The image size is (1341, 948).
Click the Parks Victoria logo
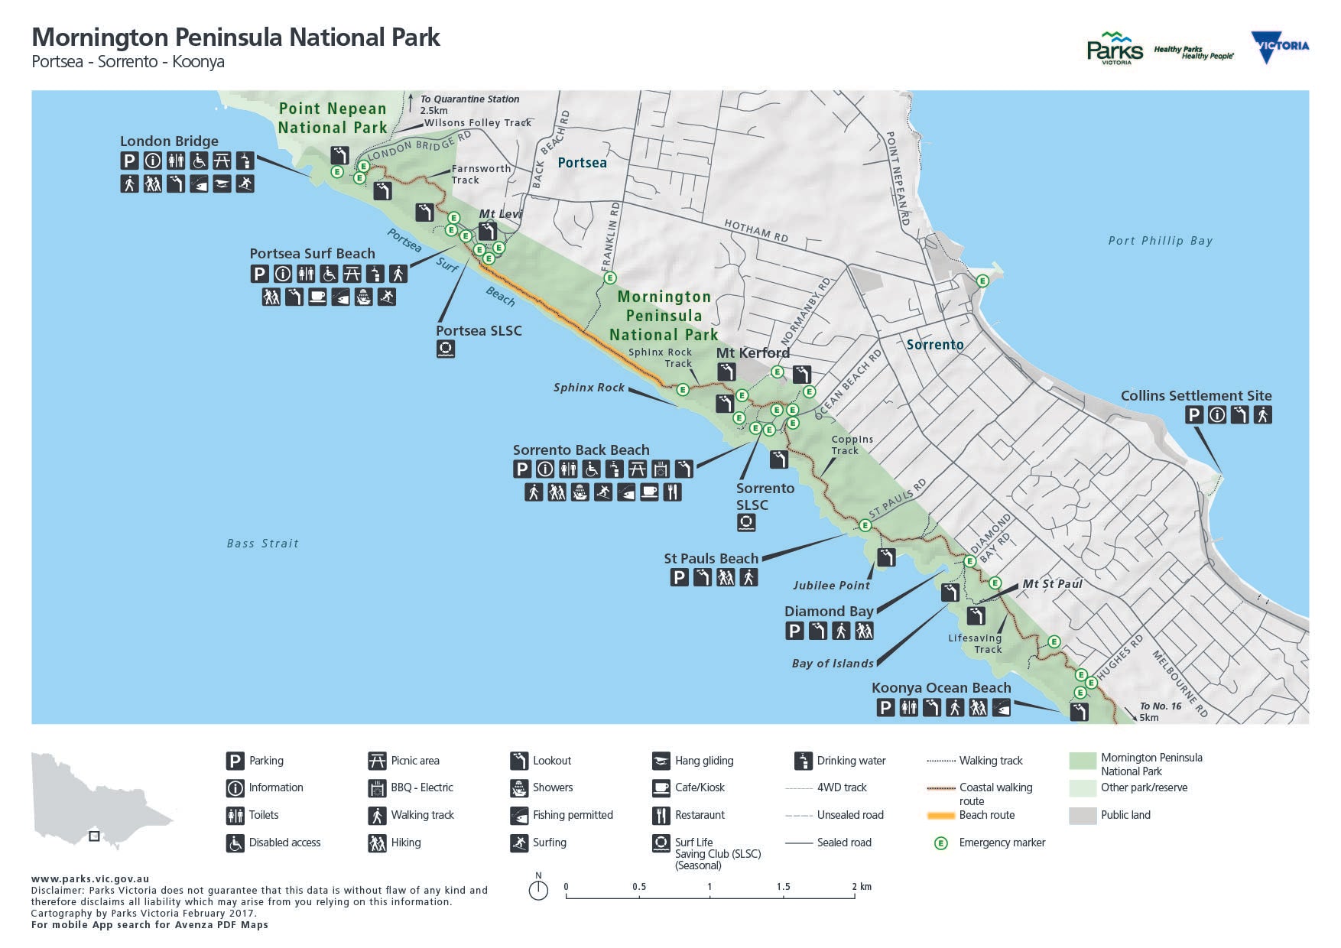[x=1114, y=48]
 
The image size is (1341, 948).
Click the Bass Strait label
[x=262, y=544]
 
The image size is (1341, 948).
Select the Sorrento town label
[x=934, y=345]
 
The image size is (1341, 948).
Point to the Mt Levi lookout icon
[x=487, y=231]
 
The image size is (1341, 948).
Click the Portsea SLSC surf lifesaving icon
[x=446, y=349]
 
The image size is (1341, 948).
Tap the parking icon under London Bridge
[x=129, y=161]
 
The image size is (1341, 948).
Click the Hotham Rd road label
[x=755, y=231]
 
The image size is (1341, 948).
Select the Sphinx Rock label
[x=589, y=388]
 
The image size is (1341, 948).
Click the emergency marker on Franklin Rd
[x=609, y=278]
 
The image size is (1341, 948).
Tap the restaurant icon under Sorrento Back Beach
[x=672, y=492]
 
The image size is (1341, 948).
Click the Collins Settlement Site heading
[x=1196, y=396]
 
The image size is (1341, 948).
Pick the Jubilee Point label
[x=831, y=586]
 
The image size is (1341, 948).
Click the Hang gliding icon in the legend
[x=661, y=761]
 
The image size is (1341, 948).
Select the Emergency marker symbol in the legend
[x=941, y=842]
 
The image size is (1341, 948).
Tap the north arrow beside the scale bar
[x=538, y=889]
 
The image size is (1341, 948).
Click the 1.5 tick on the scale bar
[x=783, y=894]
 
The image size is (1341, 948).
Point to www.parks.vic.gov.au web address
[x=90, y=879]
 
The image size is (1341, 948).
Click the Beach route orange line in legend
[x=941, y=816]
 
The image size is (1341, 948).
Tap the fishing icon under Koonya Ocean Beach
[x=1001, y=708]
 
